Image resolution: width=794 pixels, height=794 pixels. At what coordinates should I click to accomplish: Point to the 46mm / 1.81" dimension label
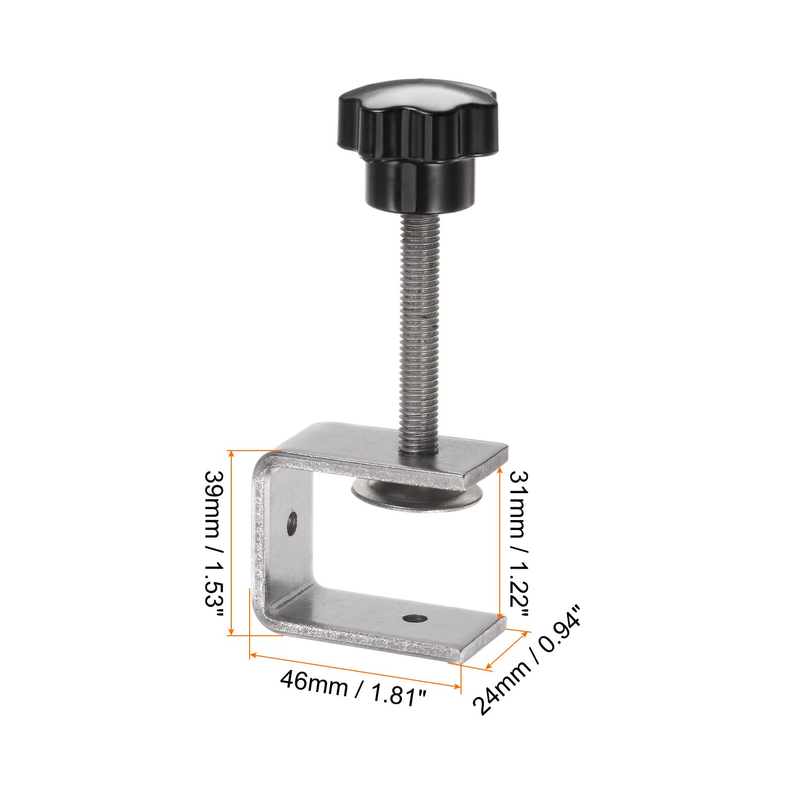tap(353, 690)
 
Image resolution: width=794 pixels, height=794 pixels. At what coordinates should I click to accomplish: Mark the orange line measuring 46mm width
tap(355, 671)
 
